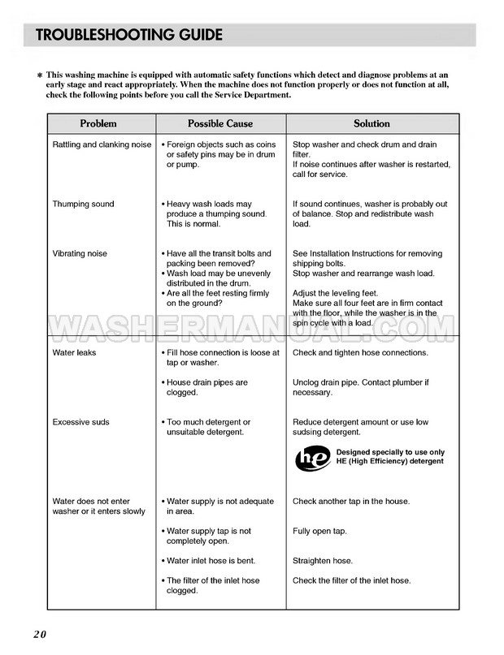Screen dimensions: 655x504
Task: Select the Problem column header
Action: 98,123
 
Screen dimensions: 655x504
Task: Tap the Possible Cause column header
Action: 220,123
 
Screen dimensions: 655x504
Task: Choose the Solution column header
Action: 371,123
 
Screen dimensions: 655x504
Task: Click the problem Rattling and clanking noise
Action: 102,144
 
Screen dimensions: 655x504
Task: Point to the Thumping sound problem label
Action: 83,204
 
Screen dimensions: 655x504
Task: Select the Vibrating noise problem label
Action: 80,254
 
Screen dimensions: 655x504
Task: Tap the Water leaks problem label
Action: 74,352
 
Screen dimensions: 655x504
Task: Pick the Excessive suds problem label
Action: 80,422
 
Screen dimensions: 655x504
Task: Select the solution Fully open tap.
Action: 319,532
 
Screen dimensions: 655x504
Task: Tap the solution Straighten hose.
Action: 323,561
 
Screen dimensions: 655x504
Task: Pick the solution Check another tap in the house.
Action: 351,502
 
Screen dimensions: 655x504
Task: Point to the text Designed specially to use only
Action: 390,452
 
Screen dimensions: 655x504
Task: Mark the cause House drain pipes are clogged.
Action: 207,387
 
